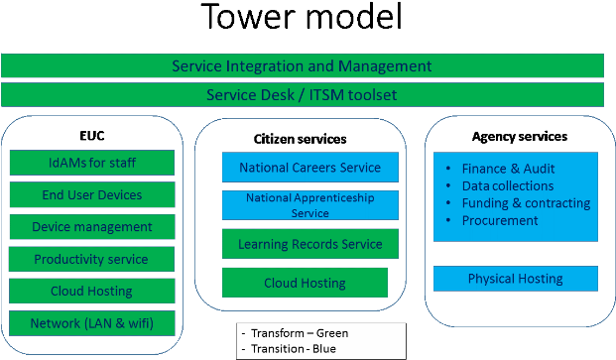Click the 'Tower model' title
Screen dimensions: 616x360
tap(302, 17)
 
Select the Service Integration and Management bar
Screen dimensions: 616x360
tap(303, 65)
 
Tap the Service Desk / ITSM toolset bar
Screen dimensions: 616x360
tap(303, 94)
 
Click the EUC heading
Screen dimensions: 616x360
tap(92, 136)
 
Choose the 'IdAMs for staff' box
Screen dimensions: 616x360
tap(92, 163)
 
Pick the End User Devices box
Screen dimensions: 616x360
tap(92, 194)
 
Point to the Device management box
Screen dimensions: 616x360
tap(92, 226)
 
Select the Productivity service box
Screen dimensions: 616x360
tap(91, 259)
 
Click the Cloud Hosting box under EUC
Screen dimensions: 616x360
tap(91, 291)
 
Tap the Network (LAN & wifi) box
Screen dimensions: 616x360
tap(92, 323)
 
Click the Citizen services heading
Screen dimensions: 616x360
tap(300, 139)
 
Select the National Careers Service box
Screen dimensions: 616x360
tap(309, 168)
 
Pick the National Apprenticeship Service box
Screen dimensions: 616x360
tap(309, 205)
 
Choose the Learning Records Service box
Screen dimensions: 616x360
tap(309, 244)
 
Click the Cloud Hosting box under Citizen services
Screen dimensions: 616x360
tap(305, 283)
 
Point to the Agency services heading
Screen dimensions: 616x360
tap(520, 136)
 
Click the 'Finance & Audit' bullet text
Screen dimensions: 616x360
tap(508, 169)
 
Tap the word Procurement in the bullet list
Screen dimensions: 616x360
tap(500, 220)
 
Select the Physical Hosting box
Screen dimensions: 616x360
tap(516, 279)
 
